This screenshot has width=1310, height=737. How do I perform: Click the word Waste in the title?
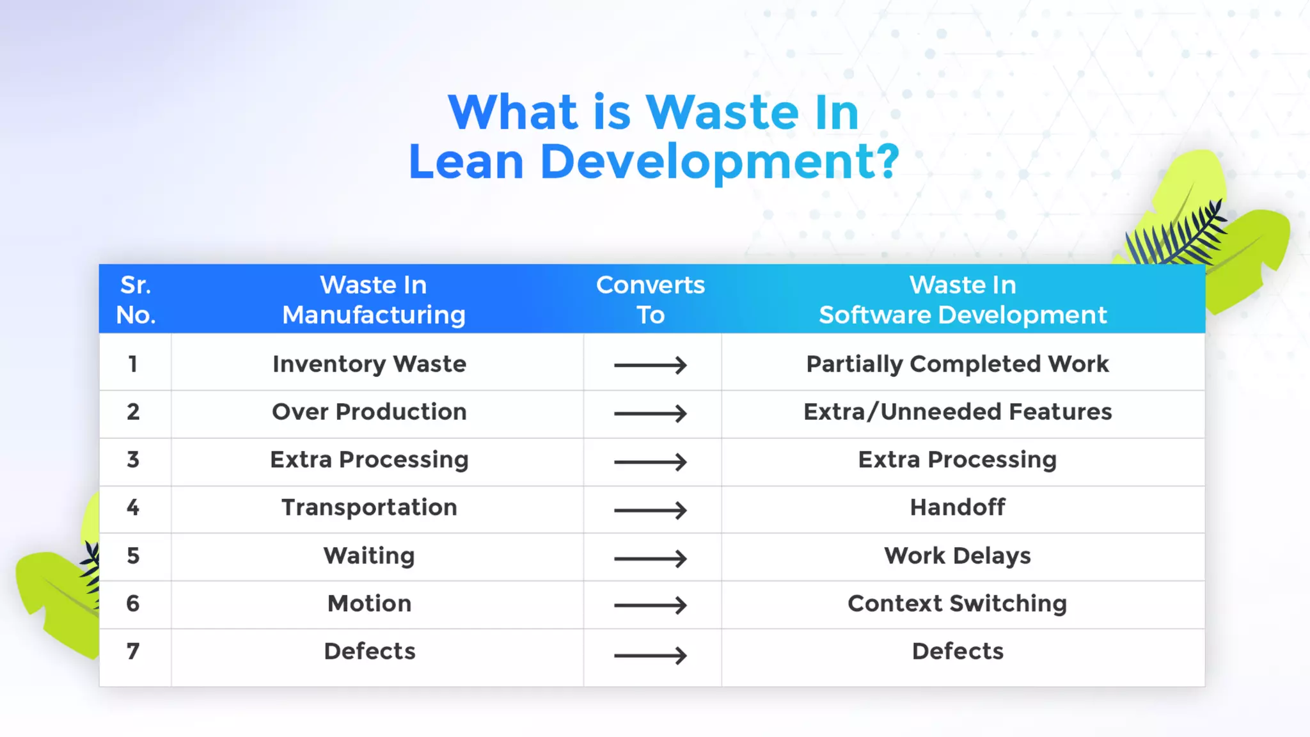pos(722,113)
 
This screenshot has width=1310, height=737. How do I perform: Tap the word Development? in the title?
pos(720,162)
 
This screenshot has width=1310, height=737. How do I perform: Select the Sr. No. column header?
pos(135,299)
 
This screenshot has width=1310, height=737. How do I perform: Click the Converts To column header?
pos(650,299)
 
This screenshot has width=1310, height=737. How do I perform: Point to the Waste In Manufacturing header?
pos(374,299)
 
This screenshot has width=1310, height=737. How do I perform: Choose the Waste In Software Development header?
pos(963,299)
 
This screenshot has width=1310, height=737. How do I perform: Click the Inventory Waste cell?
pos(369,364)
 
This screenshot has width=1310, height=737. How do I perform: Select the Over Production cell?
pos(369,412)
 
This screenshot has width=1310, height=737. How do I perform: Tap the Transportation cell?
pos(369,507)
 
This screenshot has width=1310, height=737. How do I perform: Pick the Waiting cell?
pos(369,555)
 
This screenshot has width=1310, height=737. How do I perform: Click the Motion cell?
pos(369,603)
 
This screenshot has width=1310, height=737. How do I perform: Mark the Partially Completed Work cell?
pos(957,364)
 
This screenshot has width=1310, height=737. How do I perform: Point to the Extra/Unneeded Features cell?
pos(957,412)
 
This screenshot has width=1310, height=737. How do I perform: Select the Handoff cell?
pos(957,507)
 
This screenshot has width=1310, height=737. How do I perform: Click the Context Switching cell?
pos(957,603)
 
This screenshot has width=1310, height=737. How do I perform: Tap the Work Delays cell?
pos(957,555)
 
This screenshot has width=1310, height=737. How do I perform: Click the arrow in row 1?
pos(650,365)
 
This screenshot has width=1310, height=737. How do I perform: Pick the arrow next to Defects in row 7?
pos(650,655)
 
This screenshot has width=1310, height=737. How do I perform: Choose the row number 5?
pos(133,555)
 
